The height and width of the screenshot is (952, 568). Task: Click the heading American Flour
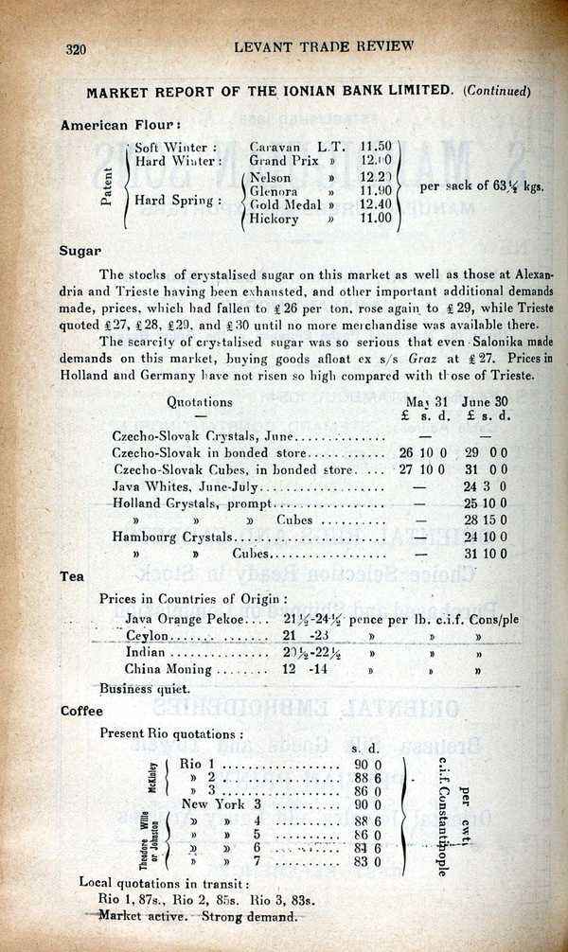tap(121, 124)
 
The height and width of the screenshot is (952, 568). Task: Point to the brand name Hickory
tap(275, 219)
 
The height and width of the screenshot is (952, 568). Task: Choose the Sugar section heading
tap(80, 251)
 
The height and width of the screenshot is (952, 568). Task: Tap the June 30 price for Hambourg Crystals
tap(485, 537)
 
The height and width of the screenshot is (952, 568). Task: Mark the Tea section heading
tap(73, 575)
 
